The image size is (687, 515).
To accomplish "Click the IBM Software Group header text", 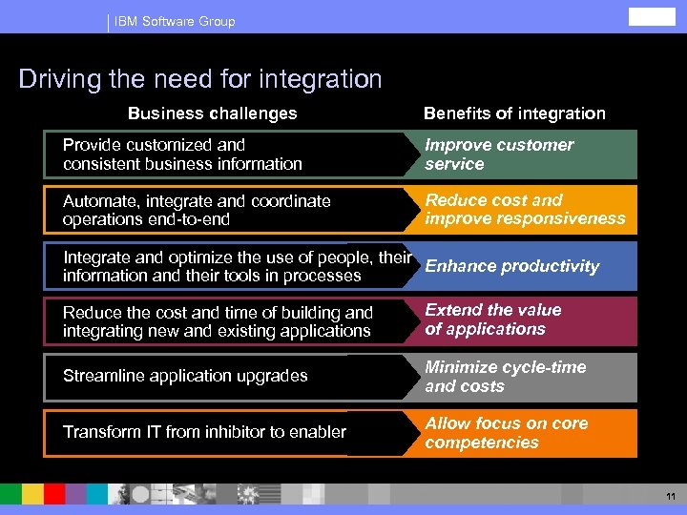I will tap(174, 21).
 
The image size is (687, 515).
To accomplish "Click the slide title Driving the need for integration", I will tap(200, 79).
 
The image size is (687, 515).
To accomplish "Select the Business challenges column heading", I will tap(212, 113).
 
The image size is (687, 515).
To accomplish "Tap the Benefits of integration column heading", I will tap(514, 113).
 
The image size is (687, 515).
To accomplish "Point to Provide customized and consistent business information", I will tap(182, 154).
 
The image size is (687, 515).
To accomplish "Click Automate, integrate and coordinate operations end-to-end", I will tap(197, 210).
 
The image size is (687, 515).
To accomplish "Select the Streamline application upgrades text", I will tap(185, 376).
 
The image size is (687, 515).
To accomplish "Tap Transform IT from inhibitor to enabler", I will tap(204, 432).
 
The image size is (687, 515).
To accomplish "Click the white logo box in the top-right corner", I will tap(652, 16).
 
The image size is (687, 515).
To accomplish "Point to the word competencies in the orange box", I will tap(482, 443).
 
